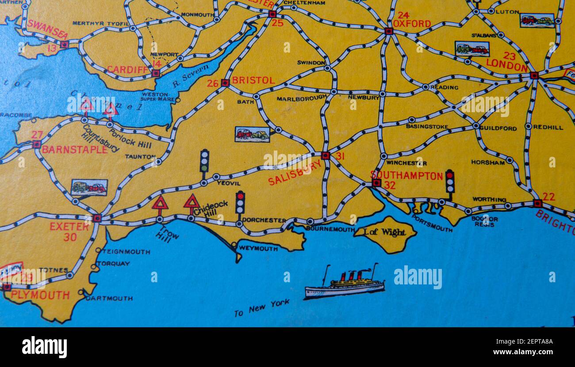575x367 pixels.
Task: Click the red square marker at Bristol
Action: click(225, 83)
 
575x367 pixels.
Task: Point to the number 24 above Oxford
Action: click(403, 15)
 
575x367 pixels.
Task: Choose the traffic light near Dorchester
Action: click(240, 203)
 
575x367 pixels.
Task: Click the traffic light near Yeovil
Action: click(204, 161)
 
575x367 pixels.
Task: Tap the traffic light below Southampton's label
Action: click(449, 182)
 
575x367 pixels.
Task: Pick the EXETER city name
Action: click(69, 227)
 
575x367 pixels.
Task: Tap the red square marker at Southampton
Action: click(376, 183)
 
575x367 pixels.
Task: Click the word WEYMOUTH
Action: click(258, 249)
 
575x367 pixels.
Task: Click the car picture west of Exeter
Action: click(89, 188)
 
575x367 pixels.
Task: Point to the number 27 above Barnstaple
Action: click(37, 135)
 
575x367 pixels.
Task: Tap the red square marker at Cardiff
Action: click(156, 73)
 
